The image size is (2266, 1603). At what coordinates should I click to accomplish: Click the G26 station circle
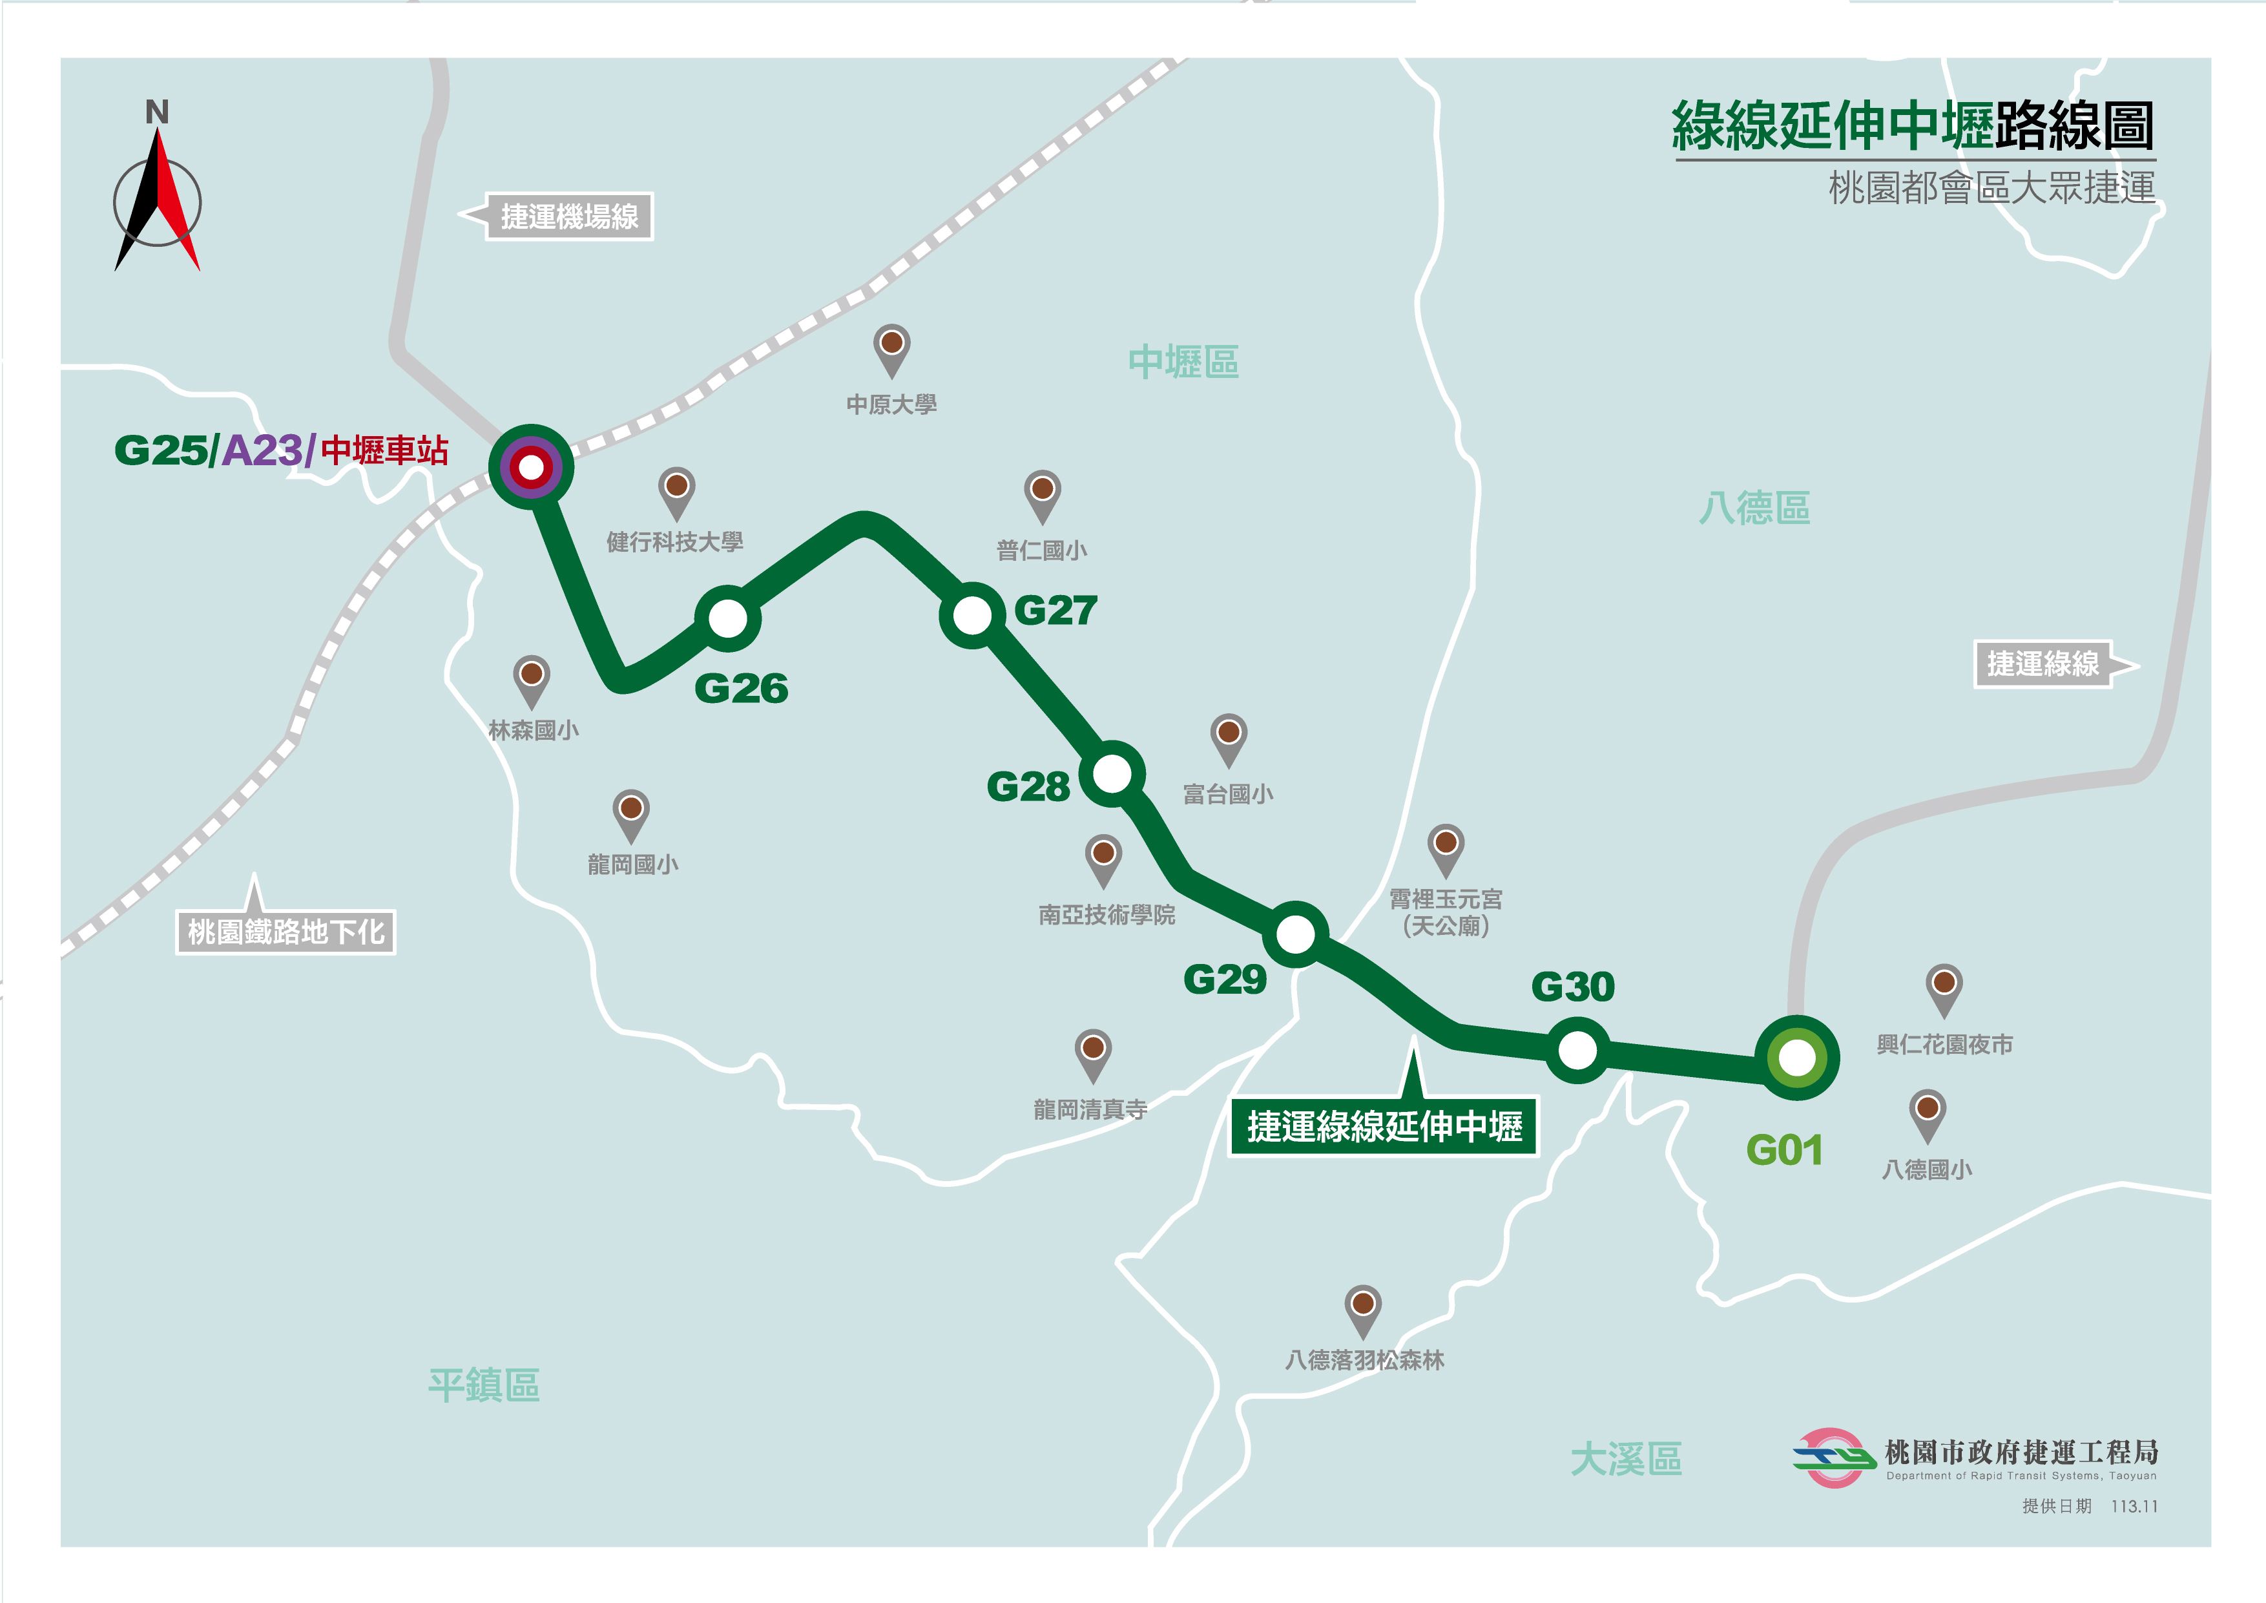coord(727,619)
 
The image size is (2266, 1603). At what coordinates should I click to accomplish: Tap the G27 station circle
coord(972,615)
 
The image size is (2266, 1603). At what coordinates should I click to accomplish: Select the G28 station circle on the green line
coord(1112,774)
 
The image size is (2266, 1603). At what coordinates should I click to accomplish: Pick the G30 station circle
coord(1577,1050)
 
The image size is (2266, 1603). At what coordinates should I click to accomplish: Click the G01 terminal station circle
coord(1796,1058)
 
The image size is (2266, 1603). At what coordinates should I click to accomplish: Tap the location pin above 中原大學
coord(891,348)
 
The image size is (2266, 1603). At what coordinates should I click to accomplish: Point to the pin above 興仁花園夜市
coord(1943,987)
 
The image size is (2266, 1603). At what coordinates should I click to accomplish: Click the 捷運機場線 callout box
coord(568,216)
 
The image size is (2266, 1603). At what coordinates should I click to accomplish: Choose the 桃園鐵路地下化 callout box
coord(286,931)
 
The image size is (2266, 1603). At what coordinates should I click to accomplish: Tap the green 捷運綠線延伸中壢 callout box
coord(1384,1126)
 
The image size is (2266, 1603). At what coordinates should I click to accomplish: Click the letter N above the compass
coord(157,112)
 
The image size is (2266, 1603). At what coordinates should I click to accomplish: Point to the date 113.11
coord(2134,1506)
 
